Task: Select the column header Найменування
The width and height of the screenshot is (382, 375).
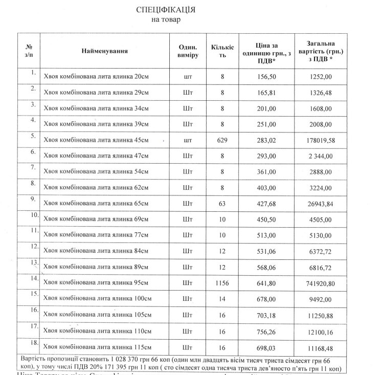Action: (104, 51)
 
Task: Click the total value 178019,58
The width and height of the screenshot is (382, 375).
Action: (321, 140)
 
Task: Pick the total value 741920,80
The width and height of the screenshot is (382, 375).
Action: (321, 282)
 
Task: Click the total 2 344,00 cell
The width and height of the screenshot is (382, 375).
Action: (321, 156)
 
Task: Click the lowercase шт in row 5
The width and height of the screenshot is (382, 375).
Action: (187, 140)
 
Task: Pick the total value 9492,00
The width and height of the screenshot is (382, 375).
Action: (321, 298)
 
